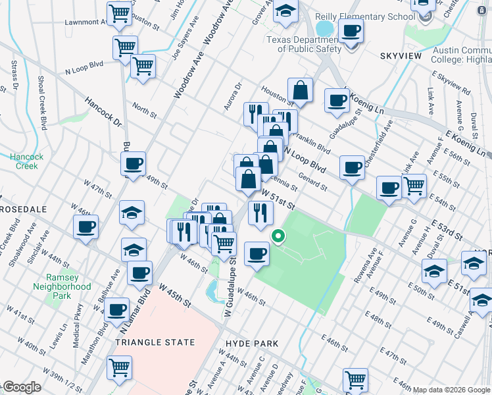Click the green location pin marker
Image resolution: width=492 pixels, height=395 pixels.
[278, 236]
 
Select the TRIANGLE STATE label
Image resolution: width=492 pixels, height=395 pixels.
[155, 342]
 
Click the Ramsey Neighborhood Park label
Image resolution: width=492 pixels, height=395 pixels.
[62, 286]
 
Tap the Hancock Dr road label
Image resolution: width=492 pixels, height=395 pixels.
[104, 113]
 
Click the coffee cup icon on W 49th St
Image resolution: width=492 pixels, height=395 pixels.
[134, 165]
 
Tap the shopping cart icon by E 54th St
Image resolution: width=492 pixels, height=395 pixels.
[414, 186]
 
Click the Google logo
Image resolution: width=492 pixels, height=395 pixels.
[21, 387]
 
